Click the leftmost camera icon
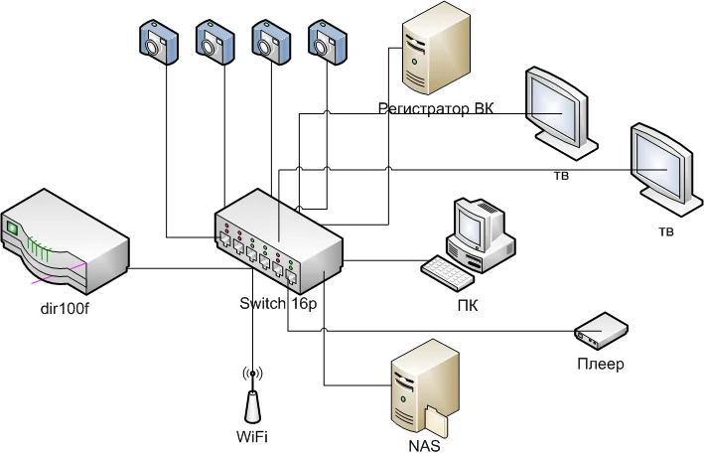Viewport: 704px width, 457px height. [x=156, y=42]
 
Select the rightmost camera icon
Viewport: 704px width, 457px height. [x=326, y=42]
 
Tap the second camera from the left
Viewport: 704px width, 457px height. [x=212, y=42]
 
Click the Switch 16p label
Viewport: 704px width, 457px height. [x=277, y=304]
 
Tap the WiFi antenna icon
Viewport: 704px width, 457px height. [x=252, y=397]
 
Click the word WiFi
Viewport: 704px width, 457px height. [x=252, y=434]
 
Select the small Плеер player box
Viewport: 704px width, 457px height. [x=602, y=331]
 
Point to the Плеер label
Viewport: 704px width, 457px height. [x=600, y=364]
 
